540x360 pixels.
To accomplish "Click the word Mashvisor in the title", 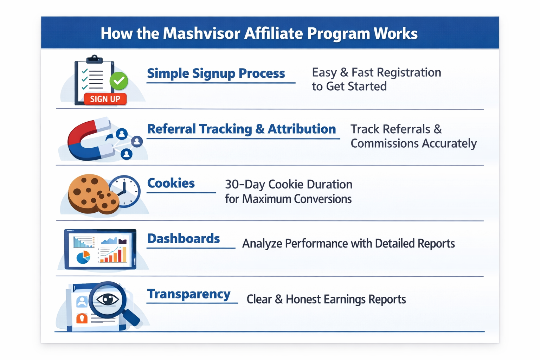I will (x=201, y=33).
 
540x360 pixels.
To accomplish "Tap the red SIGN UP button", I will (x=105, y=99).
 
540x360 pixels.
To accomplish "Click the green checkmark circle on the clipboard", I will (x=119, y=81).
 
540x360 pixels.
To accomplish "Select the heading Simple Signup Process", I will (x=216, y=73).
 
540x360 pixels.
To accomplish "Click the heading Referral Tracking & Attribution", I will (x=241, y=129).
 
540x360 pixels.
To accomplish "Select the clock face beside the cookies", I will (x=124, y=192).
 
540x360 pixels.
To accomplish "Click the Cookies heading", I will (x=171, y=183).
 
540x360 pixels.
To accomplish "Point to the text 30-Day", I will (x=244, y=185).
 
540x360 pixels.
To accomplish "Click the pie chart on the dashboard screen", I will (x=83, y=257).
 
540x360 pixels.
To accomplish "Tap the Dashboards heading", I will (x=184, y=239).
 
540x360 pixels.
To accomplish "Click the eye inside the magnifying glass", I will (x=108, y=300).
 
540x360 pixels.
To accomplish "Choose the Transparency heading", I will (x=189, y=294).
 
